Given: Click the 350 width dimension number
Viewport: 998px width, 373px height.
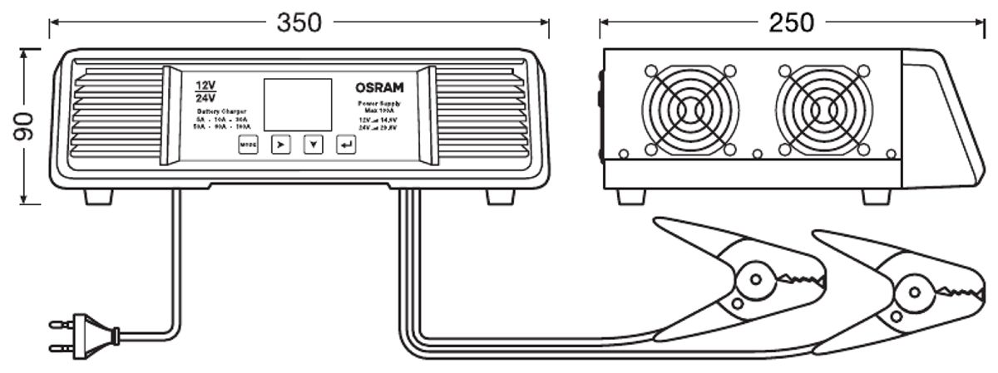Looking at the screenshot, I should click(x=299, y=22).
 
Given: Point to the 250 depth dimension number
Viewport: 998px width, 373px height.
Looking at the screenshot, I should click(x=791, y=22).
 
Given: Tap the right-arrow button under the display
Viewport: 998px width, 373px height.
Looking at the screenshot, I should click(x=281, y=145).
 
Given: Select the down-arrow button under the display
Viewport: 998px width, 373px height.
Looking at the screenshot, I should click(x=313, y=145).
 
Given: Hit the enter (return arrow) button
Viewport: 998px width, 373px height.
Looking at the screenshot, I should click(x=345, y=145).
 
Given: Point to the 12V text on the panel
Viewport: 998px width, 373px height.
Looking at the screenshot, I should click(x=205, y=86).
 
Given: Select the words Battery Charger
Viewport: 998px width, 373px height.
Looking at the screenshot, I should click(x=220, y=110).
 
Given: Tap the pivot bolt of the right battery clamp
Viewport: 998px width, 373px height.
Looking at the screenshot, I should click(x=910, y=291).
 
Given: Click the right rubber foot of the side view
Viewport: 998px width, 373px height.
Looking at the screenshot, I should click(x=877, y=196).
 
